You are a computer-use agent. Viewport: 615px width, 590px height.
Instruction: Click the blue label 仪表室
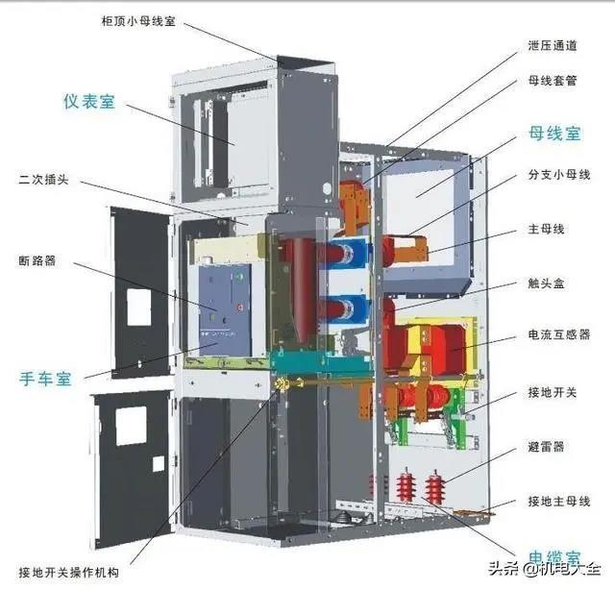(89, 102)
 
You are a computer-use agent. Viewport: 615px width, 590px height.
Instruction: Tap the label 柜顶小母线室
(138, 21)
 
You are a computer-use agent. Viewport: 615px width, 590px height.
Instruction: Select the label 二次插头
(43, 180)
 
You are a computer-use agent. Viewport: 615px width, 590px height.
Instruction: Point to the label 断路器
(37, 260)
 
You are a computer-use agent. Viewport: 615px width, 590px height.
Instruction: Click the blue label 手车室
(45, 379)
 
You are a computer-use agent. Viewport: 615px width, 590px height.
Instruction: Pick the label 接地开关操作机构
(68, 573)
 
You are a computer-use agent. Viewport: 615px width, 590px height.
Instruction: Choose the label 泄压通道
(553, 46)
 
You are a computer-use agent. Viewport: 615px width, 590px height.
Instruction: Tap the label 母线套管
(553, 81)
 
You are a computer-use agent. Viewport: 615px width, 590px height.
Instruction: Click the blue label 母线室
(554, 134)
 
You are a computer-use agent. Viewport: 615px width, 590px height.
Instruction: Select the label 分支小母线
(559, 175)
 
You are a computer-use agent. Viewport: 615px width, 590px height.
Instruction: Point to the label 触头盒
(546, 283)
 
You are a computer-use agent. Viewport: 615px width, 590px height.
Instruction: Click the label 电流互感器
(559, 334)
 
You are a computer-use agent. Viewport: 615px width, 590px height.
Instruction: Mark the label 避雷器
(546, 447)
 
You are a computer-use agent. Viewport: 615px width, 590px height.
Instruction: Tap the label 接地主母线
(559, 501)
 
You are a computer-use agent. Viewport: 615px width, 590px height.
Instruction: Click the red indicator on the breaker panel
(240, 307)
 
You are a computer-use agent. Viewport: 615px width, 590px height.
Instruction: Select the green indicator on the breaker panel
(237, 278)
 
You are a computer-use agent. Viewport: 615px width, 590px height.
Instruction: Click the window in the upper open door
(139, 307)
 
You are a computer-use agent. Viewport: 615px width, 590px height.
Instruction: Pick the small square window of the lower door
(159, 463)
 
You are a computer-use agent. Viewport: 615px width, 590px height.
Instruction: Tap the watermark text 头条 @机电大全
(544, 569)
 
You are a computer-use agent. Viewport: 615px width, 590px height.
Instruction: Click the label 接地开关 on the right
(553, 392)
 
